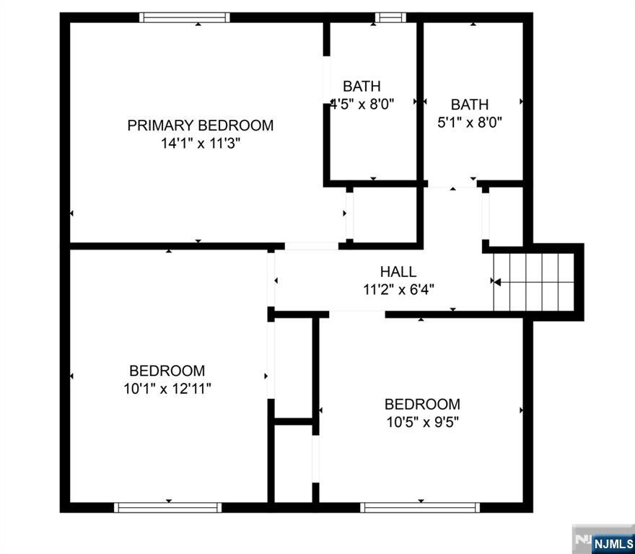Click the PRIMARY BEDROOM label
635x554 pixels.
tap(200, 126)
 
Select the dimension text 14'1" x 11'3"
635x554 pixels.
tap(200, 144)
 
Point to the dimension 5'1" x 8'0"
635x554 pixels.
tap(470, 123)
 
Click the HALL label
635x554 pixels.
tap(398, 272)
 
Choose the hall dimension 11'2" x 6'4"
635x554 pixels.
tap(398, 290)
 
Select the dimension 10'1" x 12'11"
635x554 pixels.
tap(167, 389)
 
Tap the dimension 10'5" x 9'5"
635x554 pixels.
tap(422, 422)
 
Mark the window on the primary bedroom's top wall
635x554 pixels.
tap(185, 17)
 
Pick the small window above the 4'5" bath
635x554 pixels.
tap(390, 17)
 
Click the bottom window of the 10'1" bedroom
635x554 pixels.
tap(168, 507)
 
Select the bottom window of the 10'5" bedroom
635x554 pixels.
tap(420, 507)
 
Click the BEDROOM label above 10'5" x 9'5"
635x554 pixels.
tap(422, 404)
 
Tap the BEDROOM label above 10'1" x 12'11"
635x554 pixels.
tap(167, 371)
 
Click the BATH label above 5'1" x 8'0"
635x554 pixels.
tap(470, 105)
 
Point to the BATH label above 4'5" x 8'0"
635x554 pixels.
tap(362, 86)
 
